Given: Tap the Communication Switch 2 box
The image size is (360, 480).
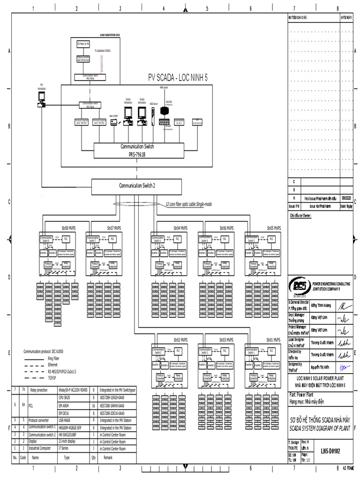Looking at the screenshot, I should (x=137, y=185).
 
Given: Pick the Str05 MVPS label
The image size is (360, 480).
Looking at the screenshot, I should (x=273, y=228).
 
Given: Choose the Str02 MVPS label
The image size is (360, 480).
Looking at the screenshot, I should (x=180, y=339).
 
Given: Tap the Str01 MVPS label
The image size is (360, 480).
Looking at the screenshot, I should (x=273, y=339).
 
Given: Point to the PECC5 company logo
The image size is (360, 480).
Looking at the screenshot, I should (x=299, y=285).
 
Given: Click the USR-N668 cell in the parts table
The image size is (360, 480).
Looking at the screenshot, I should (x=64, y=420).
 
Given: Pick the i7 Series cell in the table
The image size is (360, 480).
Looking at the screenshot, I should (x=63, y=448).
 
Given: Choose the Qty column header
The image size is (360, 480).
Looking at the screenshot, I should (x=94, y=457).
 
